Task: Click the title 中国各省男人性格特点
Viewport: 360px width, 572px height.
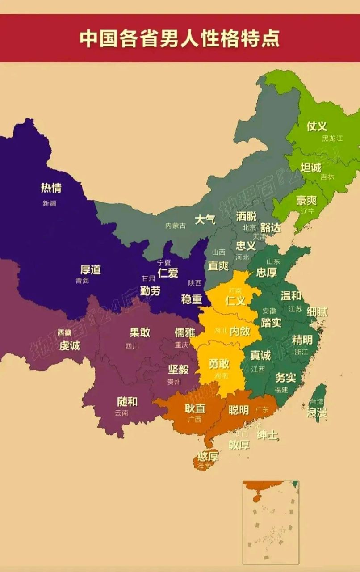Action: tap(180, 38)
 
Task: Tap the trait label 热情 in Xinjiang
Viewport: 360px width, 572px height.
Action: tap(51, 188)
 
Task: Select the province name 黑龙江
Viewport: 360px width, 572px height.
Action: tap(332, 139)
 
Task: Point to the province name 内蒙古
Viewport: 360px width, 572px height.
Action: tap(175, 226)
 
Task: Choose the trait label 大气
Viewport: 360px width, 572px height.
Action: tap(205, 219)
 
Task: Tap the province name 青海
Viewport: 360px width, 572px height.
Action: tap(82, 281)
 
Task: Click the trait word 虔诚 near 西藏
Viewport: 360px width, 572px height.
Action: tap(70, 345)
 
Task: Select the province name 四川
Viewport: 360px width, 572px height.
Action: tap(132, 345)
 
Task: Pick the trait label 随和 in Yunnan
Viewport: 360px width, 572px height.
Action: tap(127, 401)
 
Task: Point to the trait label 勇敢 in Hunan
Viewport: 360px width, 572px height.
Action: tap(219, 363)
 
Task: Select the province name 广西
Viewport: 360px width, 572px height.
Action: tap(195, 419)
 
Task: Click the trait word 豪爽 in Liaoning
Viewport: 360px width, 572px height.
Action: tap(306, 200)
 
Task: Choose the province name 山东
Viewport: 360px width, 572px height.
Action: tap(273, 261)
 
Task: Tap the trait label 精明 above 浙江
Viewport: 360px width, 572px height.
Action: tap(302, 339)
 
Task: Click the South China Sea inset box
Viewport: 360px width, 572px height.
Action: tap(271, 522)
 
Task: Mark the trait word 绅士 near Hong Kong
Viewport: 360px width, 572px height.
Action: tap(268, 434)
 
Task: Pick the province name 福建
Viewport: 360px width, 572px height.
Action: tap(281, 390)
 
